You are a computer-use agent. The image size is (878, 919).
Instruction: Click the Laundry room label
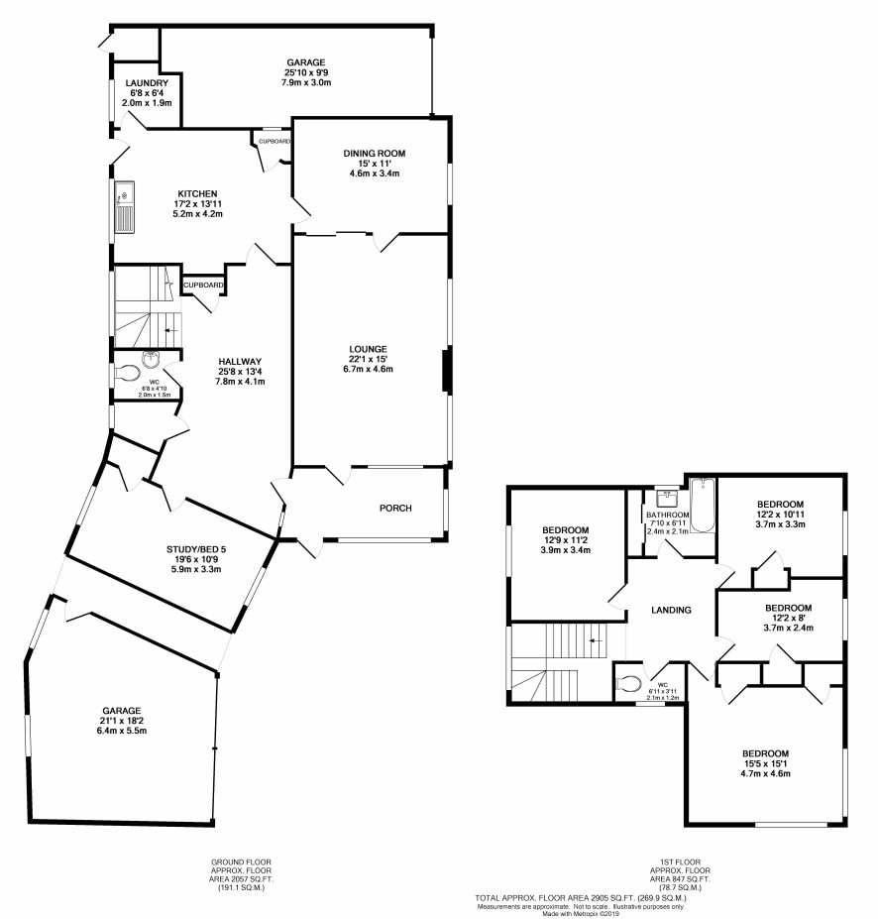click(147, 83)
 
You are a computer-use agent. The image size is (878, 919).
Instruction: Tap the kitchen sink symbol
click(125, 207)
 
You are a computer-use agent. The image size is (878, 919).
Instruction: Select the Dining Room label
click(375, 154)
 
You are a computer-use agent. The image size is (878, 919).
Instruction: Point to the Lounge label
click(368, 349)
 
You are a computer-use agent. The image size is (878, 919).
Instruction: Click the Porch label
click(395, 509)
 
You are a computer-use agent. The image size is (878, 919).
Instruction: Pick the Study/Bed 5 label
click(196, 549)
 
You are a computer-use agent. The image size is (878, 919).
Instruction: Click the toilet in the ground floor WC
click(128, 373)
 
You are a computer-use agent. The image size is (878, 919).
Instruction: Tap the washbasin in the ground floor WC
click(151, 359)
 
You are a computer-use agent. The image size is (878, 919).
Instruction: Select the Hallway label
click(240, 362)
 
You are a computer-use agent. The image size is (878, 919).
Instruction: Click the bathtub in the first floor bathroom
click(703, 506)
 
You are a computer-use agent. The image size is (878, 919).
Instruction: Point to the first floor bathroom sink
click(667, 499)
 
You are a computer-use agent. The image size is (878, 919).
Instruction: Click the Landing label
click(671, 610)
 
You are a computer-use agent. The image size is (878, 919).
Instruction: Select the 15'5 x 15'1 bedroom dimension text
click(766, 763)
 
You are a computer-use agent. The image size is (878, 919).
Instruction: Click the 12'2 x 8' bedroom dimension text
click(788, 618)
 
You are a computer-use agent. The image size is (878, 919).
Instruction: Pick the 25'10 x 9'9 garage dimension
click(306, 72)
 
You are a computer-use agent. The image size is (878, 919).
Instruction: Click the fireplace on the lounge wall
click(447, 370)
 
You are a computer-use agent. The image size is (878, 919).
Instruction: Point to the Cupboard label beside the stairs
click(203, 286)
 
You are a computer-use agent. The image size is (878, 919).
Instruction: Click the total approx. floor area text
click(580, 898)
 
